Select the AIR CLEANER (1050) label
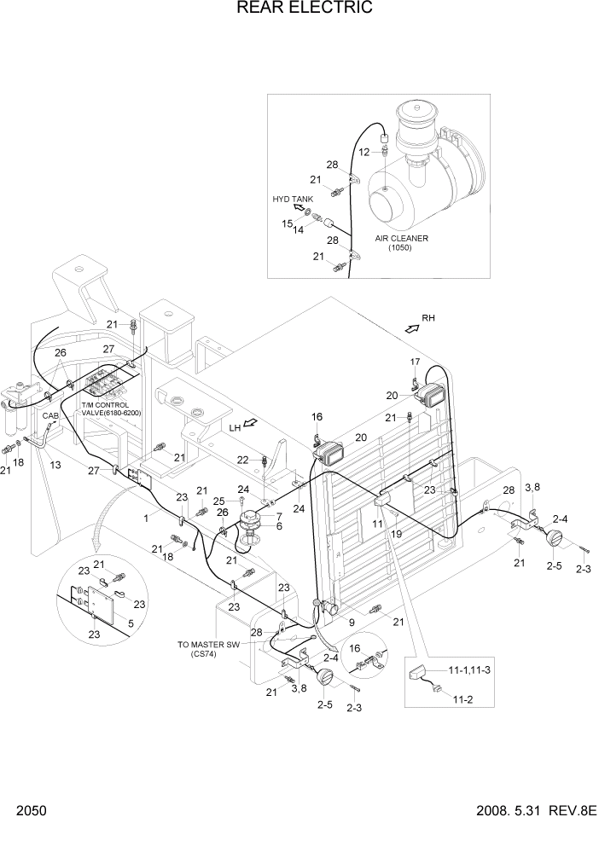pos(401,243)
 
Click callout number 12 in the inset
pos(363,152)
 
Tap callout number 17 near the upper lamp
pos(414,362)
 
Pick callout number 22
pos(243,460)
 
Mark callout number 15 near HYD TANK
pos(288,223)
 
